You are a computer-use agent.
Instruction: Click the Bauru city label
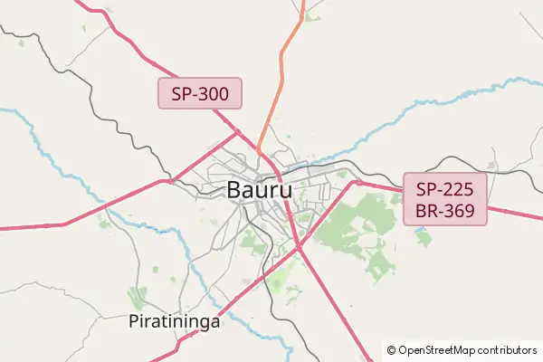point(259,191)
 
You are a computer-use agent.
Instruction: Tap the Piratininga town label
point(175,321)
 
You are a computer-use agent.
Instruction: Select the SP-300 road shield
point(200,93)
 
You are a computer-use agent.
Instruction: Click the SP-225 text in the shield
point(445,190)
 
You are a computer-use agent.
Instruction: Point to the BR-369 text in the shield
point(445,212)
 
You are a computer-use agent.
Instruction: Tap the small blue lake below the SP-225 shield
point(423,237)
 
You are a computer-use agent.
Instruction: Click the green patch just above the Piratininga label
point(138,297)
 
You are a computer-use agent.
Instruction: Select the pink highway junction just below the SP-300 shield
point(238,131)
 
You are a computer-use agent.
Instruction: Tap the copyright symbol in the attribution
point(391,350)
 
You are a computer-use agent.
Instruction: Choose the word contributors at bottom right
point(508,350)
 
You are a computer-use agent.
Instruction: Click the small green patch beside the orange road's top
point(312,18)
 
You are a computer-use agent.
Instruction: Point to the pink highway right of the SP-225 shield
point(516,215)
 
